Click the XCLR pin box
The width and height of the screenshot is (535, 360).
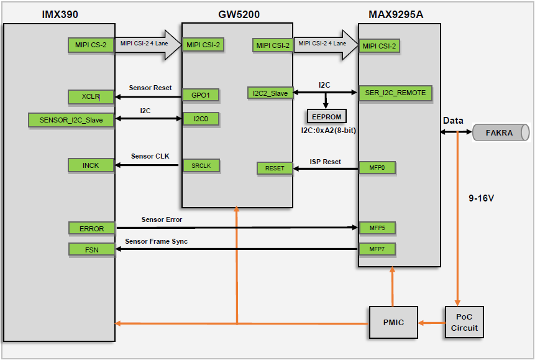91,96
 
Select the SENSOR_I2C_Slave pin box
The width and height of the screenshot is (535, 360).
71,120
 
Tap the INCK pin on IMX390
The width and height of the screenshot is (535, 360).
91,165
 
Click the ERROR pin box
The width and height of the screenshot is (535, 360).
91,228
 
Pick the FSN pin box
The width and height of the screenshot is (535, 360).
91,249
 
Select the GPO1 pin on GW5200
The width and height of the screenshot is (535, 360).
201,95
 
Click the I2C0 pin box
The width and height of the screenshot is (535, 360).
201,118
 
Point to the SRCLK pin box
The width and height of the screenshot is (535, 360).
201,165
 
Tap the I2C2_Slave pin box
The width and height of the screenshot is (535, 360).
270,93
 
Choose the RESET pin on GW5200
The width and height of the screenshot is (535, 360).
275,168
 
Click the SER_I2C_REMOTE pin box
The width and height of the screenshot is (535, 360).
394,93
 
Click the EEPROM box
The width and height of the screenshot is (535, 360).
326,116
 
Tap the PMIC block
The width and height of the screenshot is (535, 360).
393,322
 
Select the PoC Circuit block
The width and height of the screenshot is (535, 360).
464,322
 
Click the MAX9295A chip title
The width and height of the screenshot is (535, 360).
396,14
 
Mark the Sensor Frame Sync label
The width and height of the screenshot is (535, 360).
156,241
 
